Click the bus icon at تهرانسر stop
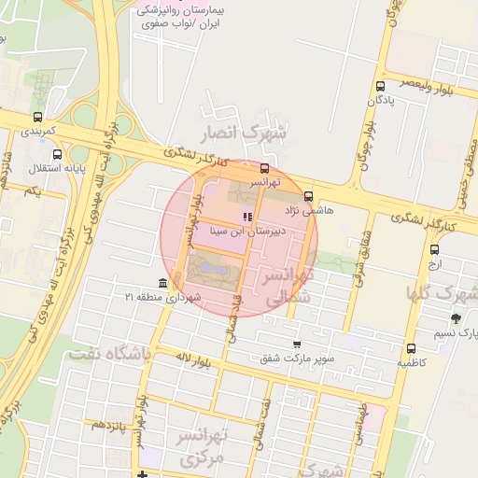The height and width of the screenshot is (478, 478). (265, 169)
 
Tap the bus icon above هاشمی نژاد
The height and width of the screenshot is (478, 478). (309, 197)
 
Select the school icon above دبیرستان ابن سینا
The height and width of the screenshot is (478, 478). (246, 217)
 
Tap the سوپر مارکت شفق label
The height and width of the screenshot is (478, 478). (297, 357)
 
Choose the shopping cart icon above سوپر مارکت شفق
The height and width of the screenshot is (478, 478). (297, 344)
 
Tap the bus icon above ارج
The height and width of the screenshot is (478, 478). (434, 249)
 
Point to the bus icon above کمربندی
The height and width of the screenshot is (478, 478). (37, 118)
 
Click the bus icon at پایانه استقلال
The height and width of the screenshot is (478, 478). (58, 155)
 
